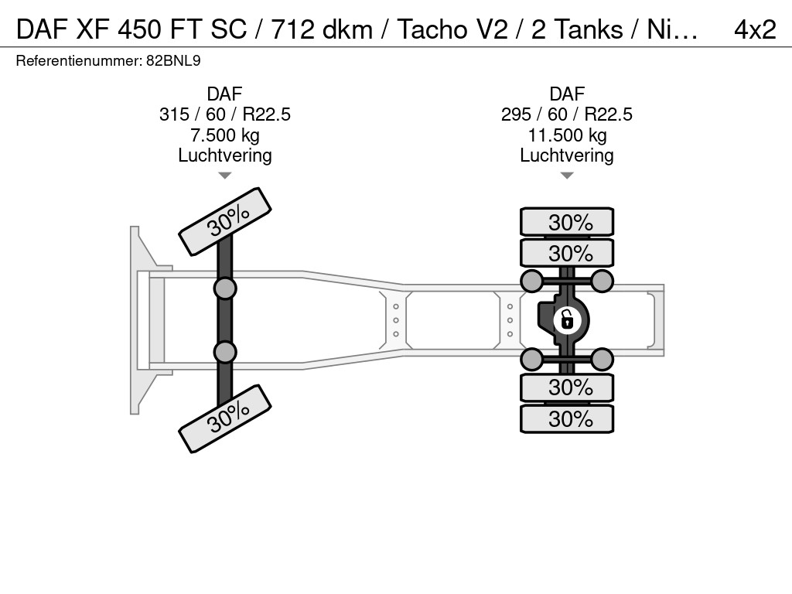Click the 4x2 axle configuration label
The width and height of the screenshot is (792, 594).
(755, 29)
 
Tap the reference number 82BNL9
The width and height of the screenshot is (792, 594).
(173, 61)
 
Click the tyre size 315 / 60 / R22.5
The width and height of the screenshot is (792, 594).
(225, 114)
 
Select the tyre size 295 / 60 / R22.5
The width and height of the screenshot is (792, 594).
(567, 114)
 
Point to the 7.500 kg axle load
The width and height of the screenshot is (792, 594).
(225, 135)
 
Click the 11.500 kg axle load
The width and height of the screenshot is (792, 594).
(567, 135)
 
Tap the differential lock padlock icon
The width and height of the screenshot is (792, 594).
(567, 320)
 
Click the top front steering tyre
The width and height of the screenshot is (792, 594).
(225, 222)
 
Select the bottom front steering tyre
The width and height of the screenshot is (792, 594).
(225, 418)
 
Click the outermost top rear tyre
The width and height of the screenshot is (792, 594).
(567, 222)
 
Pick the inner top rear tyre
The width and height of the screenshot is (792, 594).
(567, 253)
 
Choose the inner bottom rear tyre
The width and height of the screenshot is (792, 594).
(567, 388)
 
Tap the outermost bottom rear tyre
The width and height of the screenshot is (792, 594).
(567, 418)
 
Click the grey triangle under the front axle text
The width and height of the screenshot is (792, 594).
(225, 176)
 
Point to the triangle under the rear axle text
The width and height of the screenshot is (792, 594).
(567, 176)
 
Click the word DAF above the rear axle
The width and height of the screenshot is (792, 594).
(567, 94)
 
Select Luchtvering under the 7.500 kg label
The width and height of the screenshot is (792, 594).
(225, 155)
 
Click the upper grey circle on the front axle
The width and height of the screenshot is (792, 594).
(225, 289)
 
